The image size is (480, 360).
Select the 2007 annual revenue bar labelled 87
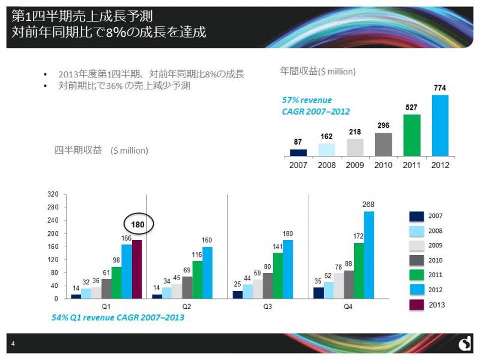pos(298,152)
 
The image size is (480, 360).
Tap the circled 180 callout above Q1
pos(139,224)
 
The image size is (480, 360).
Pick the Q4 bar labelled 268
pos(368,254)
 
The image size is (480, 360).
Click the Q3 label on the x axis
pos(268,307)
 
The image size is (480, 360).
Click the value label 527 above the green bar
pos(412,107)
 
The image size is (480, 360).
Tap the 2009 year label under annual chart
pos(356,164)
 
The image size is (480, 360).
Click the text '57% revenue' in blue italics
pos(307,100)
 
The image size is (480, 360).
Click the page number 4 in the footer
pos(13,343)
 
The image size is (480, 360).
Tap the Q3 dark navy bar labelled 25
pos(238,295)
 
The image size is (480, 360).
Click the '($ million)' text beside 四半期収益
pos(129,151)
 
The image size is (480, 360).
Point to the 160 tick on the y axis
pos(54,247)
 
